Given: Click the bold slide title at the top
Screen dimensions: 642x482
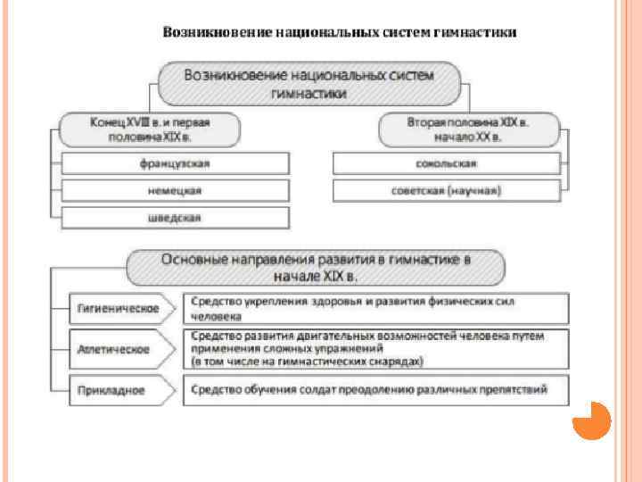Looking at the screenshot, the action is click(x=339, y=32).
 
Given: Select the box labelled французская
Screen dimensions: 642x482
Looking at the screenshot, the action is click(x=176, y=163).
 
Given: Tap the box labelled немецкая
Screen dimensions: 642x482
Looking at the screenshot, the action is click(x=176, y=191).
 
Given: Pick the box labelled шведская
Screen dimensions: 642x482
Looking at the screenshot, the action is click(x=176, y=218).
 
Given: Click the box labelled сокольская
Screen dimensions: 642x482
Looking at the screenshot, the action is click(x=446, y=163).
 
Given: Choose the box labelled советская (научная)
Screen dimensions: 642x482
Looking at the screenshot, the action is click(x=446, y=191).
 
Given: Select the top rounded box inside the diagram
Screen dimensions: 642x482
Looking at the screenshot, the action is click(x=309, y=83).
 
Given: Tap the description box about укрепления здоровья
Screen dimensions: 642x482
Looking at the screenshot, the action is click(x=375, y=309).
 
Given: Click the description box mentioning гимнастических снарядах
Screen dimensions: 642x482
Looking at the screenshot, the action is click(x=375, y=349).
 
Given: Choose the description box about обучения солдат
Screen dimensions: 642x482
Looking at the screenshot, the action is click(x=375, y=390).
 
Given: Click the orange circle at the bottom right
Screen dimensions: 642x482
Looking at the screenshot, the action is click(x=591, y=420).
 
